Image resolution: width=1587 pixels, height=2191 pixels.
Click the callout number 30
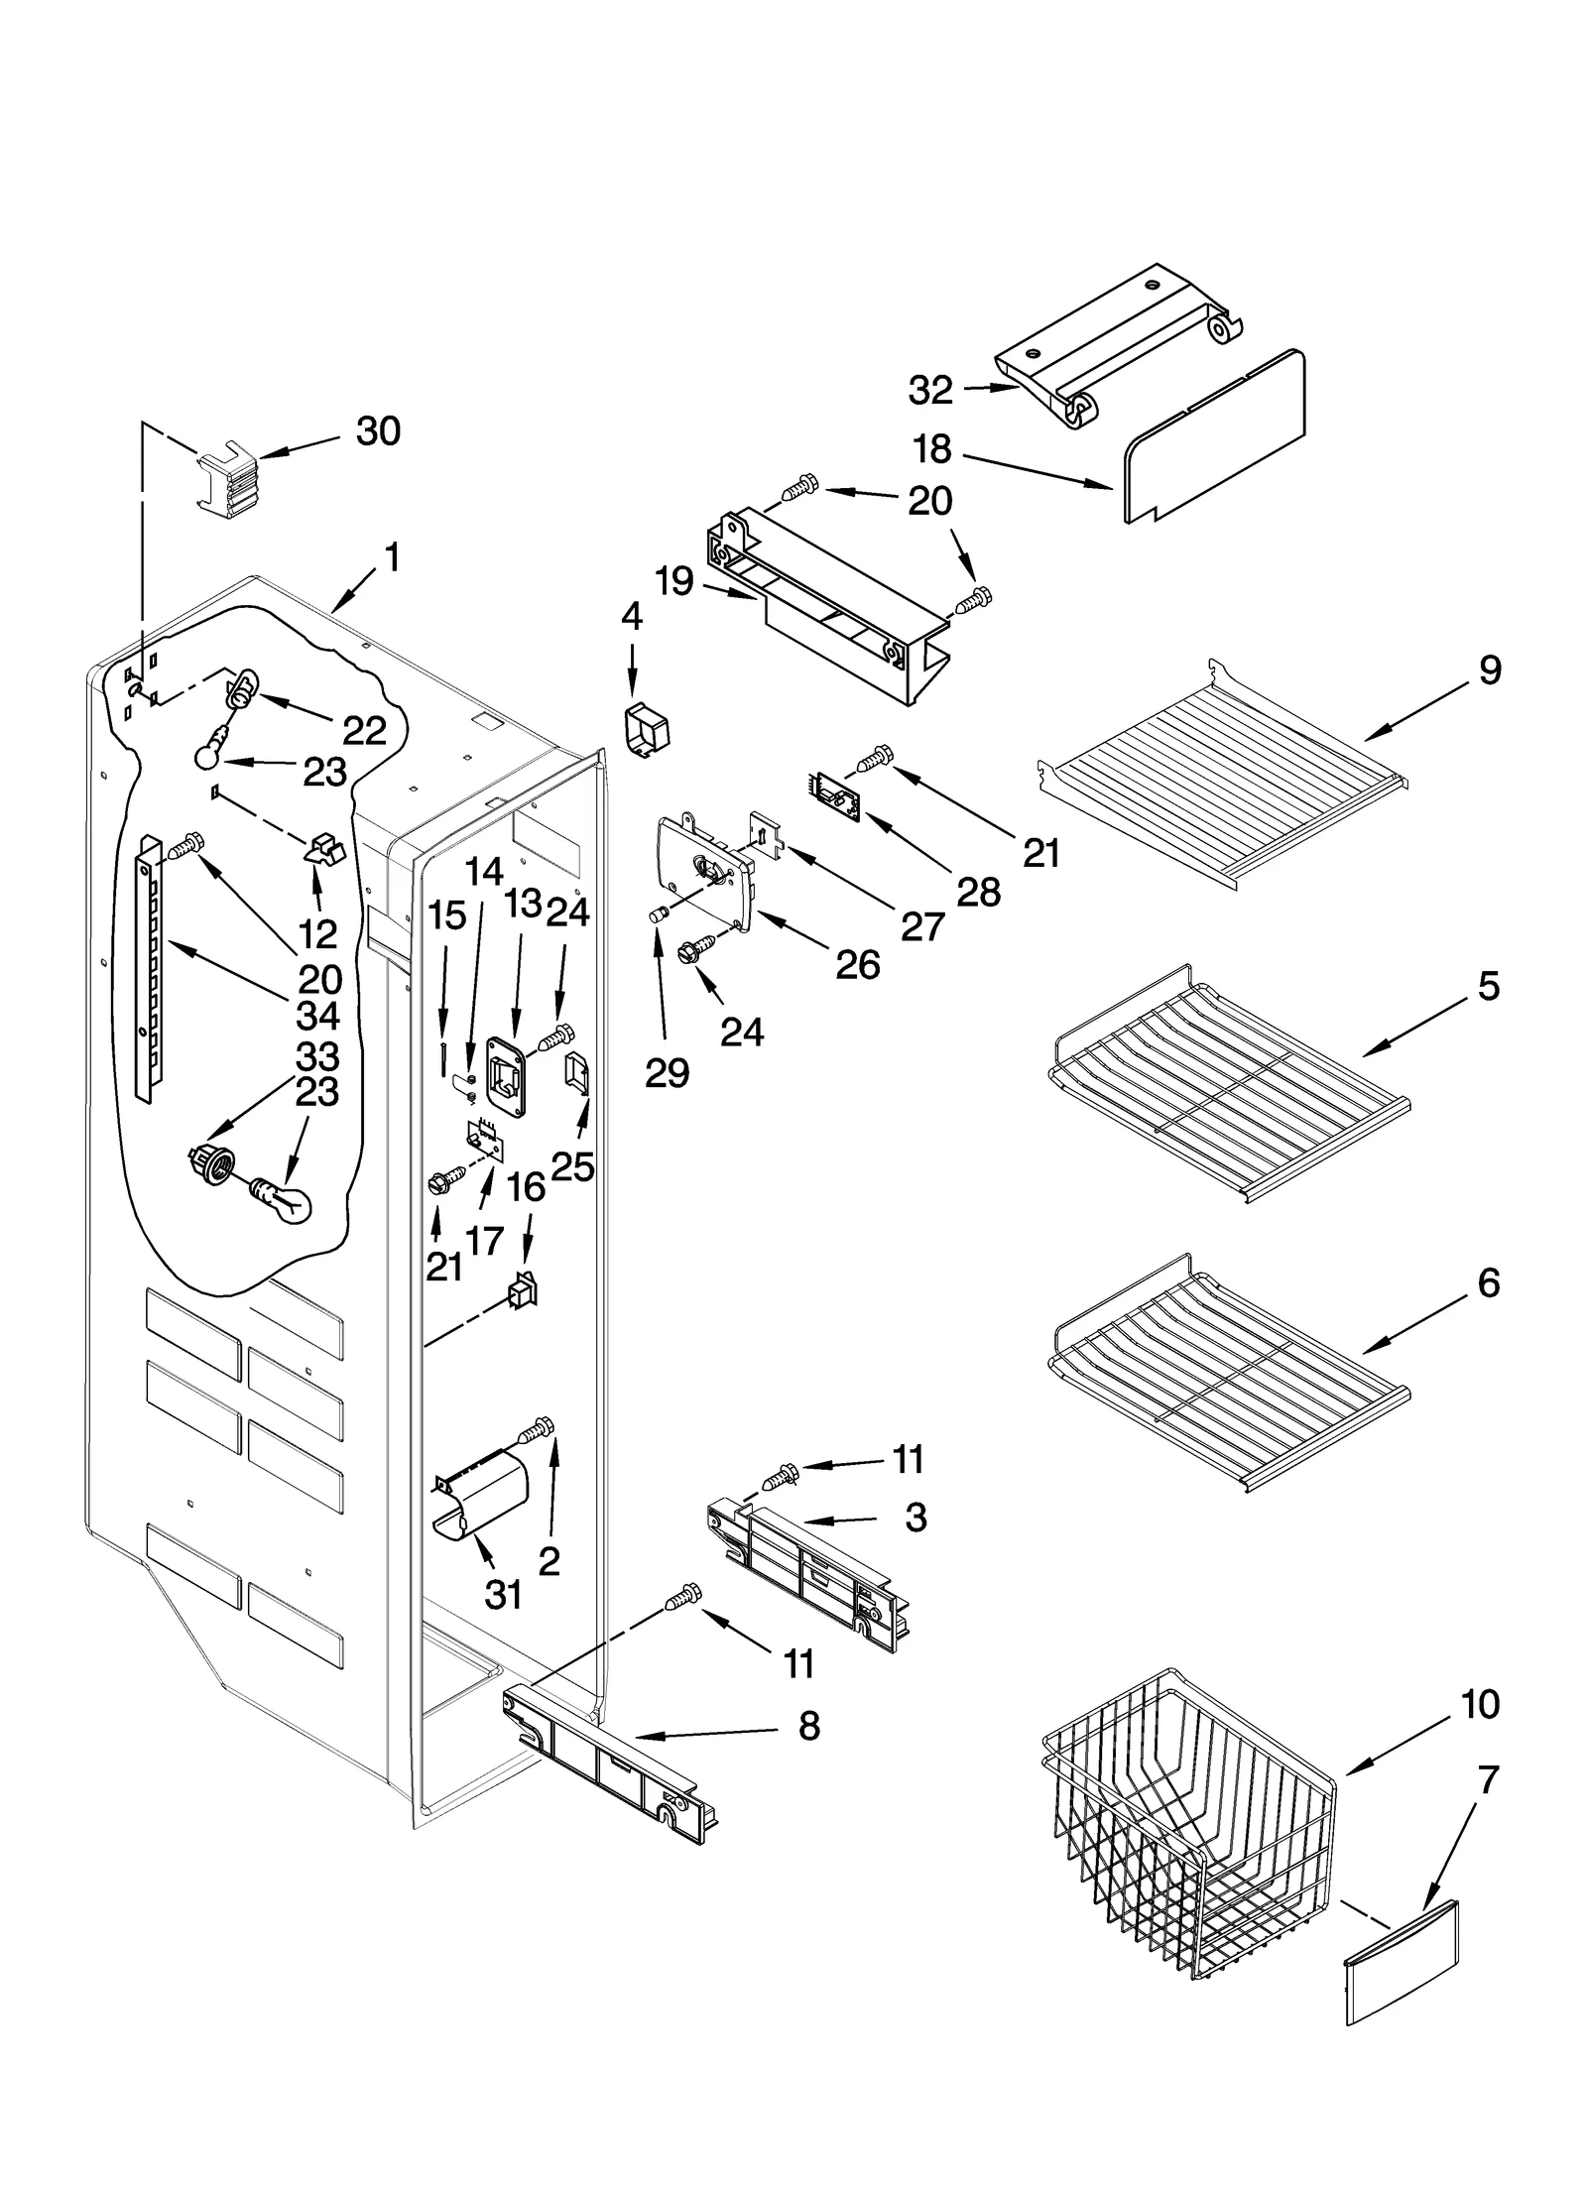pyautogui.click(x=378, y=431)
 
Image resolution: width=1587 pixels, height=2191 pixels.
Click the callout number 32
pyautogui.click(x=929, y=390)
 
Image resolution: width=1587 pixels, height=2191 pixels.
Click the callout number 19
pyautogui.click(x=674, y=581)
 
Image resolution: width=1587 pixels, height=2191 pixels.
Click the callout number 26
pyautogui.click(x=857, y=963)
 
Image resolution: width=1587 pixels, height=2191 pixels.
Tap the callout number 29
pyautogui.click(x=667, y=1072)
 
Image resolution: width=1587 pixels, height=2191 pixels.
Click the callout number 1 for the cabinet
pyautogui.click(x=393, y=558)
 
